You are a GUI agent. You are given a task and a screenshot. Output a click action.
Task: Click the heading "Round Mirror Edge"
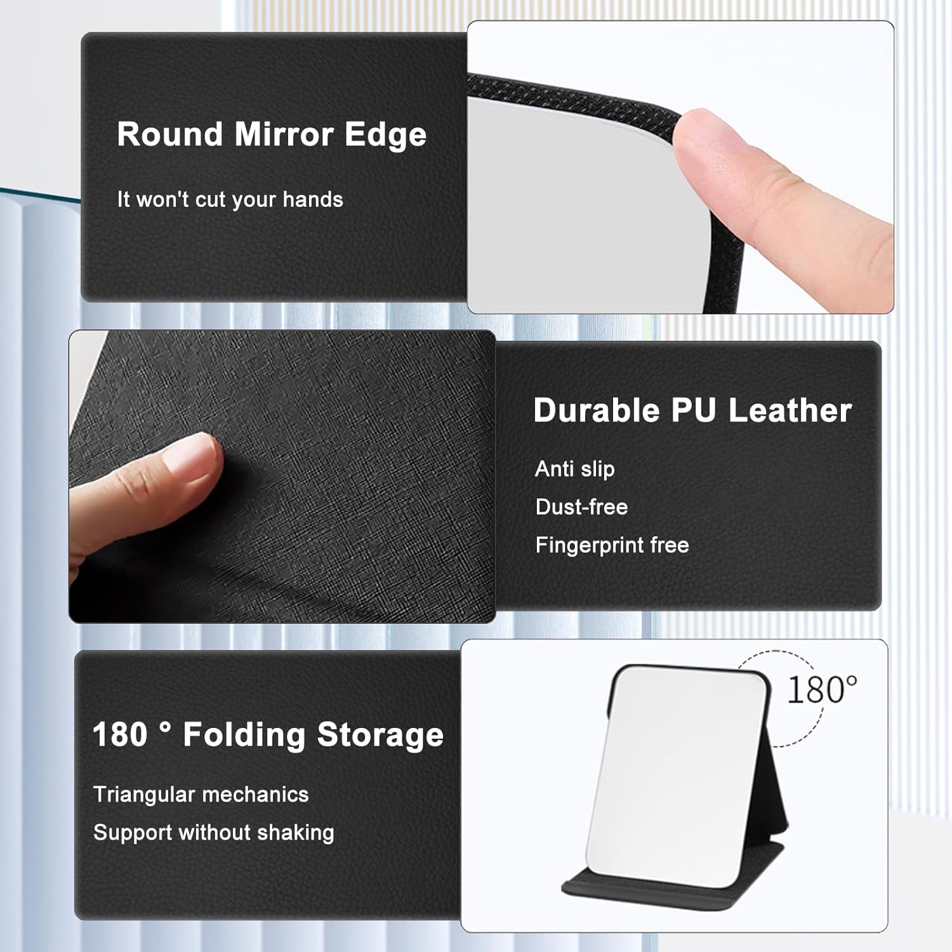click(x=272, y=135)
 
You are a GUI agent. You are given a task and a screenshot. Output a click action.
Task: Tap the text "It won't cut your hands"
click(x=230, y=200)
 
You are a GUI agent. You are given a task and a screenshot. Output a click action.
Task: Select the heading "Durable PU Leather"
click(x=692, y=411)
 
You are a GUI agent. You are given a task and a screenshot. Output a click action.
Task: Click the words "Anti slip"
click(x=575, y=469)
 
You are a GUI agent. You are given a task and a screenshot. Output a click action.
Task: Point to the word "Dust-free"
click(x=581, y=507)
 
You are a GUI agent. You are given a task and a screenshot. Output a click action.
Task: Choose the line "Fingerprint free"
click(x=612, y=545)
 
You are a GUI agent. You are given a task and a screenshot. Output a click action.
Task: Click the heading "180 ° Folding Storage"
click(x=268, y=735)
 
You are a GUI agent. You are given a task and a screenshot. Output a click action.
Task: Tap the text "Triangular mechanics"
click(x=201, y=795)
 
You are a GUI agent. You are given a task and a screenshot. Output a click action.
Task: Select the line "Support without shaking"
click(x=213, y=833)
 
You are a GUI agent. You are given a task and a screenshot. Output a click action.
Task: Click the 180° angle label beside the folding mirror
click(x=822, y=690)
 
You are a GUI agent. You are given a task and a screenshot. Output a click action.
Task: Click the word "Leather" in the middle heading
click(x=790, y=411)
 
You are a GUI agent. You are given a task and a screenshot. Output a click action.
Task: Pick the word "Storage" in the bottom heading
click(x=380, y=735)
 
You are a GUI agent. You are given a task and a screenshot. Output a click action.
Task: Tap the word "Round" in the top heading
click(x=169, y=135)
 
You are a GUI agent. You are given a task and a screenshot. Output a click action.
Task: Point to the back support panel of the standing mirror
click(x=777, y=787)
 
